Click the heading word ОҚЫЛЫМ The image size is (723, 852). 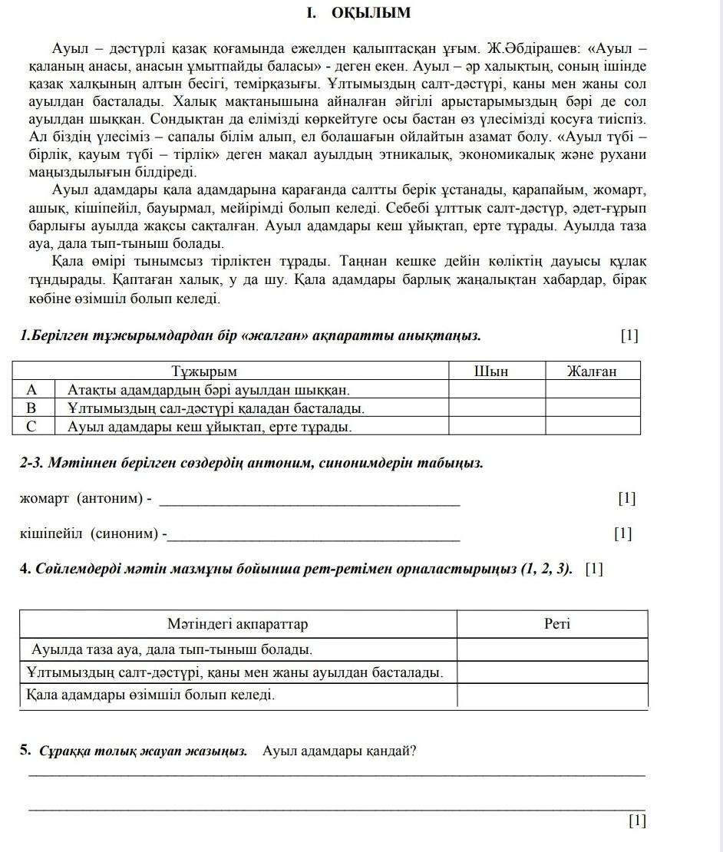click(x=371, y=13)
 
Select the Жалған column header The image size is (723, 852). click(x=592, y=372)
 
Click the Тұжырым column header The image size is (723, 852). click(x=231, y=372)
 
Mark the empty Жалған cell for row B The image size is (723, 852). click(x=592, y=408)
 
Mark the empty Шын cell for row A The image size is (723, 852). click(x=497, y=389)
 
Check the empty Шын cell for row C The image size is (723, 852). click(x=497, y=426)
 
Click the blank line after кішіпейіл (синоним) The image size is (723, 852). click(x=313, y=534)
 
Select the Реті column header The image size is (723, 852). click(x=557, y=624)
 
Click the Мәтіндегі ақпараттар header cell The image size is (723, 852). click(x=238, y=624)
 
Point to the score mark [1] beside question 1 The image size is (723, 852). click(x=629, y=335)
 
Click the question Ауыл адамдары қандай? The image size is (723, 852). click(x=339, y=751)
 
